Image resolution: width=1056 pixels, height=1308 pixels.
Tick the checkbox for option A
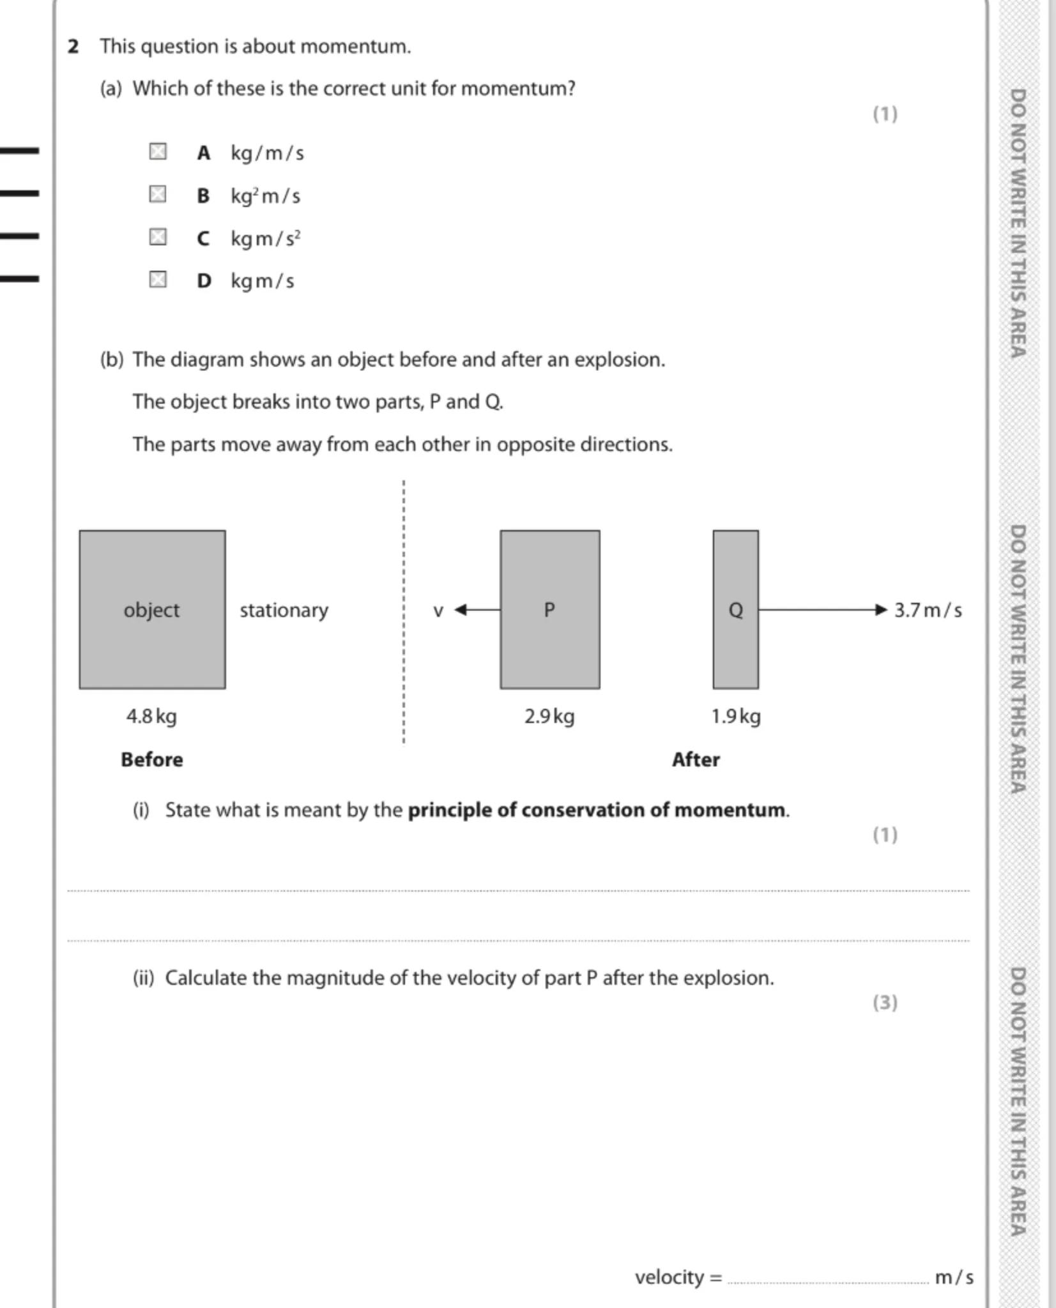tap(158, 151)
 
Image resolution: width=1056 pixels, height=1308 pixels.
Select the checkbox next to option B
tap(158, 194)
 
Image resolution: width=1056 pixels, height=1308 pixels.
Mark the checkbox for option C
tap(158, 237)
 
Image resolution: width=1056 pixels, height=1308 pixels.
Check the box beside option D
tap(158, 280)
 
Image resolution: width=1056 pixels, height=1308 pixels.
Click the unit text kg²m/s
tap(265, 195)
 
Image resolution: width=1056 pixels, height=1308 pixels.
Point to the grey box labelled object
tap(152, 609)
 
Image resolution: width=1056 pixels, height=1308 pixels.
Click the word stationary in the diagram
tap(284, 610)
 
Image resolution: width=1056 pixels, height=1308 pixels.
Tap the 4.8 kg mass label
tap(151, 716)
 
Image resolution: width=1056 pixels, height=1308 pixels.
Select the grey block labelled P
tap(549, 609)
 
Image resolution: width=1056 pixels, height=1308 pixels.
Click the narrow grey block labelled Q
tap(735, 609)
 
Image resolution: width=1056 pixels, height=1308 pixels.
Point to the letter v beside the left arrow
tap(438, 611)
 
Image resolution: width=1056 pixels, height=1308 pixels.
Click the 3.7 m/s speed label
tap(928, 610)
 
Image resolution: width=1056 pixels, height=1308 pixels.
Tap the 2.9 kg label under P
tap(549, 716)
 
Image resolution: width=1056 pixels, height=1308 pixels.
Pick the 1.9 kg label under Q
tap(736, 716)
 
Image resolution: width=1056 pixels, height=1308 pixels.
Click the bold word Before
tap(151, 759)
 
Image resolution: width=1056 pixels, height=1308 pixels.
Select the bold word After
tap(696, 759)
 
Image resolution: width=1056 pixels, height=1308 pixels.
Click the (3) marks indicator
tap(885, 1002)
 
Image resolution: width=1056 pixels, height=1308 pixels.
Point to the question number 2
tap(73, 46)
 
